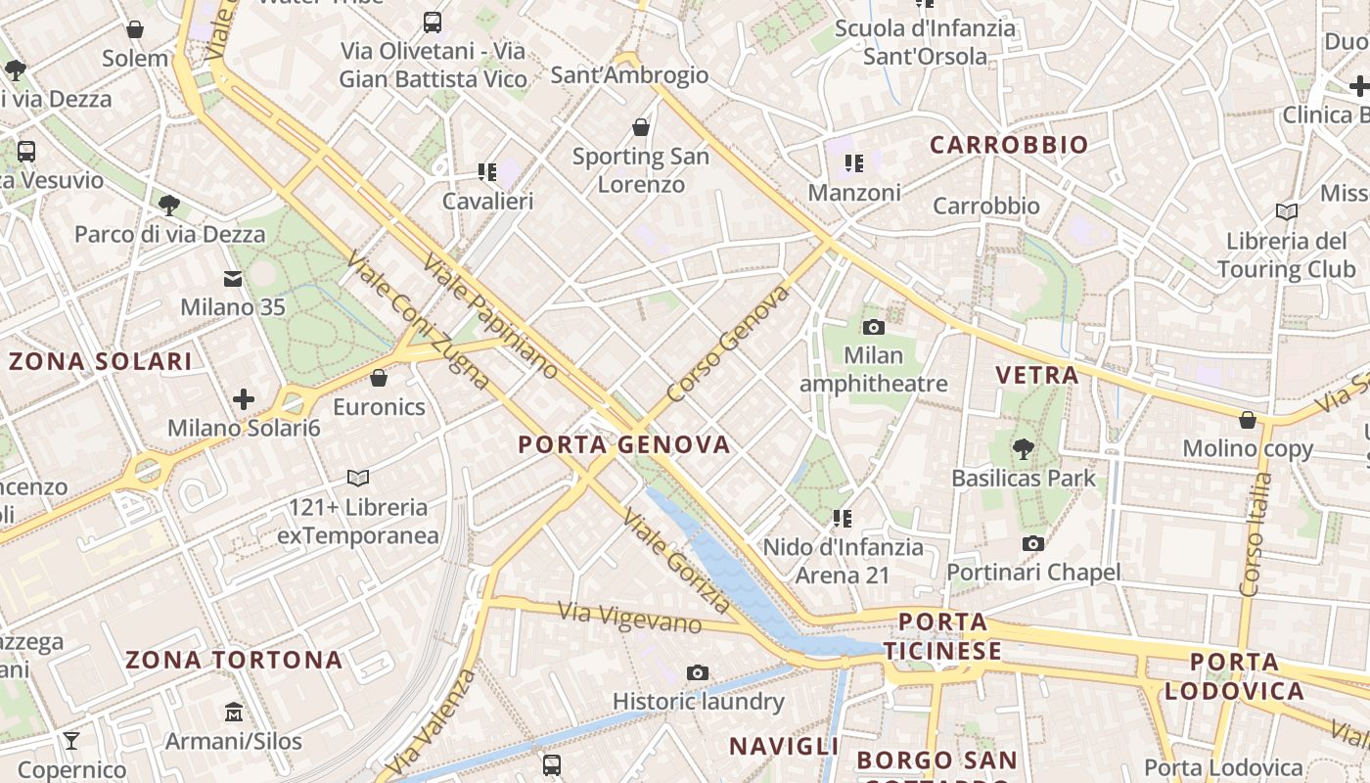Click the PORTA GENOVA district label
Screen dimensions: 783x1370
[624, 445]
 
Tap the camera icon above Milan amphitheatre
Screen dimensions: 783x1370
[874, 327]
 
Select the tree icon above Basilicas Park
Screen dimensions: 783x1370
[1024, 449]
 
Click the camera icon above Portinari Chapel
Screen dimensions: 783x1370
[1032, 543]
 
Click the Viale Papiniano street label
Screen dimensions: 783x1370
[491, 316]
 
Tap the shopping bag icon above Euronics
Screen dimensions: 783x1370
[379, 378]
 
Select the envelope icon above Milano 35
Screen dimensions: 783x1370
[233, 279]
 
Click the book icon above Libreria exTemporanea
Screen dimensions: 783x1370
[358, 478]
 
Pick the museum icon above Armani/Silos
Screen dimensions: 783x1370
[233, 712]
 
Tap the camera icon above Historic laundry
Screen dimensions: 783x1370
[698, 672]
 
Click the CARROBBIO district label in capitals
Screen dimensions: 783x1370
[1009, 145]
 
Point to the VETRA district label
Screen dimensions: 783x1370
[1036, 375]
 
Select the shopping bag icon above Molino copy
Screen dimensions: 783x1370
[1248, 420]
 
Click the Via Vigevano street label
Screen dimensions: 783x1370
[630, 618]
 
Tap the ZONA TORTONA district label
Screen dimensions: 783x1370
[234, 660]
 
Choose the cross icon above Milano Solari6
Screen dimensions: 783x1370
[244, 398]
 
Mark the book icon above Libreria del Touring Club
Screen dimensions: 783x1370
[1287, 211]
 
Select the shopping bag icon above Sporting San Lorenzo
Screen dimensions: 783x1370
[641, 127]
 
